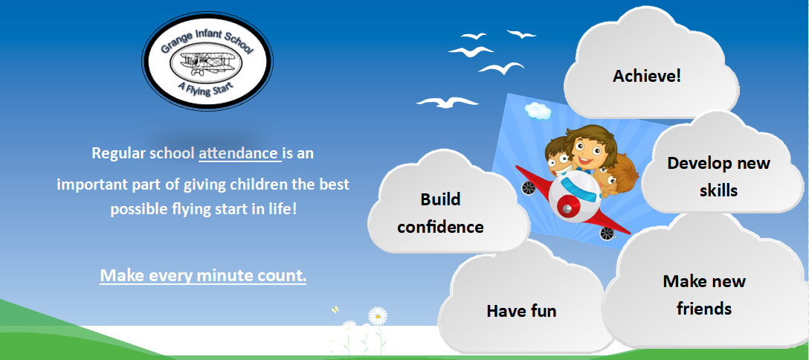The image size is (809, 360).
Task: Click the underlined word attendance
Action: (239, 154)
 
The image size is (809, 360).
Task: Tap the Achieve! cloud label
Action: (647, 77)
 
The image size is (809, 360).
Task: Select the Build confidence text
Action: (440, 213)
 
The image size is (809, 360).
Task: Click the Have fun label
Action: (522, 311)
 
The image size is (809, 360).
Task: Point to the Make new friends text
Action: (704, 295)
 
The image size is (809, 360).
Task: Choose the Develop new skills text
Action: (719, 177)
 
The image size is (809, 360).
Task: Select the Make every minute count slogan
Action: (203, 275)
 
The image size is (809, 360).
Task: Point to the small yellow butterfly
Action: (335, 310)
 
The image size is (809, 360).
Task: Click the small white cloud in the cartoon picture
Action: (538, 110)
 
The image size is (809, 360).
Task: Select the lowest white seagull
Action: (447, 102)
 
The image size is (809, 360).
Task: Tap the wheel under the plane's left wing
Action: (529, 187)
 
